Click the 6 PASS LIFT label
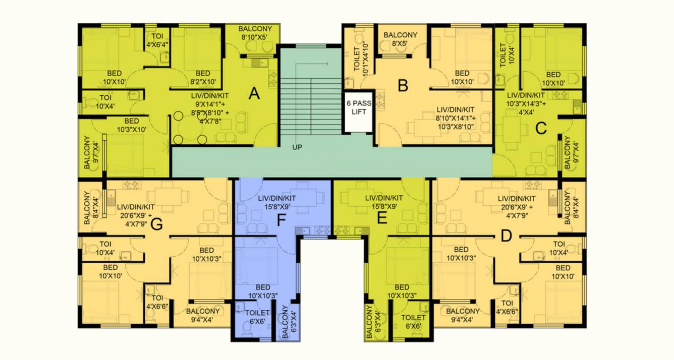click(x=359, y=107)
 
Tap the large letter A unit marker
click(x=254, y=93)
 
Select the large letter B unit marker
click(x=403, y=86)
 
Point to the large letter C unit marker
click(x=541, y=129)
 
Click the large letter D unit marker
click(x=507, y=236)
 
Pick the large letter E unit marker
click(x=382, y=218)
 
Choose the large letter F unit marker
click(x=282, y=220)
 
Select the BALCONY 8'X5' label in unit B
click(x=401, y=39)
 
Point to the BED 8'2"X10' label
click(x=202, y=77)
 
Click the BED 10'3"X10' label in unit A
click(x=131, y=125)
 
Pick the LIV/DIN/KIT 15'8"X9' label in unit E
click(x=384, y=202)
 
